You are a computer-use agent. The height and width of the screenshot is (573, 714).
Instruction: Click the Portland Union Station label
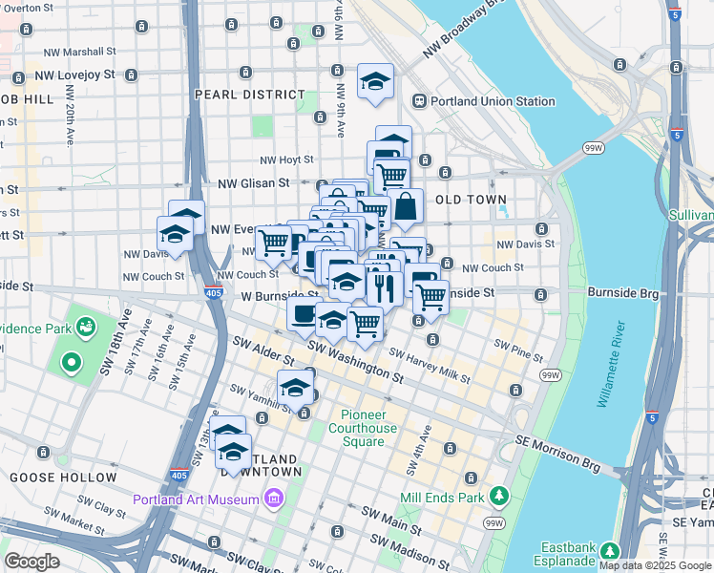(493, 101)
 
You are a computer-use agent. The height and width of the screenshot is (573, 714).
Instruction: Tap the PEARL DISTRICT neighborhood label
(249, 95)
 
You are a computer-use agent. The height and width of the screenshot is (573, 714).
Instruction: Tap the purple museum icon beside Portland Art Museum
(275, 499)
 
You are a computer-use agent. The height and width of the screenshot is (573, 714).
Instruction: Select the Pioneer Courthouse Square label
(369, 428)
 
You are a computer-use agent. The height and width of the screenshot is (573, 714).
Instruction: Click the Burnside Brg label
(622, 292)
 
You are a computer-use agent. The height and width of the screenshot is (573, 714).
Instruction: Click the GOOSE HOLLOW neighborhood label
(63, 477)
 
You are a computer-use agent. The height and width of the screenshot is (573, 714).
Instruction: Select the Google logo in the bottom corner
(32, 562)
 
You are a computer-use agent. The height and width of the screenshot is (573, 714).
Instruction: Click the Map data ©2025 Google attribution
(655, 565)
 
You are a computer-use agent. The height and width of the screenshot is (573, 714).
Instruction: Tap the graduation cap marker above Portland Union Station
(375, 81)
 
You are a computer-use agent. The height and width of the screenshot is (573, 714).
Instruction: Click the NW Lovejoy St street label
(74, 74)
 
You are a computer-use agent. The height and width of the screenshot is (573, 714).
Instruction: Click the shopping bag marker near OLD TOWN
(406, 204)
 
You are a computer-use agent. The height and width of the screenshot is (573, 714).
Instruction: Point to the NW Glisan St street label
(253, 182)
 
